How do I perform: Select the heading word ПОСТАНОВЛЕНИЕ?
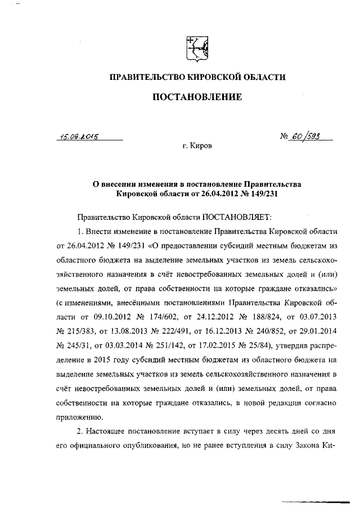tap(197, 97)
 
